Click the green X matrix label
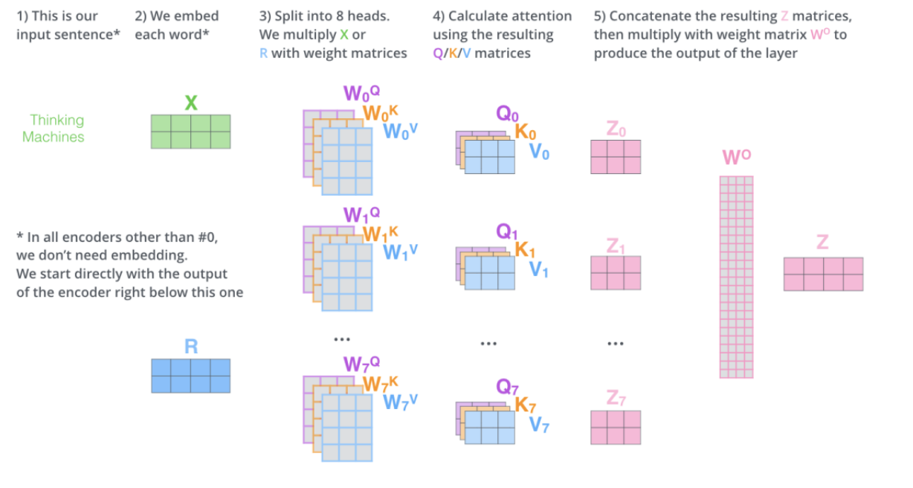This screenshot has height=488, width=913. (191, 103)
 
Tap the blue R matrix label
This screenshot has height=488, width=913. (191, 347)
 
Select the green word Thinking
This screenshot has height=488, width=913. (57, 120)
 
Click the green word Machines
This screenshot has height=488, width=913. (54, 137)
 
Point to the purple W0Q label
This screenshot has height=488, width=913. (362, 94)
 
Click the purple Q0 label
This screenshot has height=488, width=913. (508, 114)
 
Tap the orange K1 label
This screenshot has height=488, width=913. (526, 251)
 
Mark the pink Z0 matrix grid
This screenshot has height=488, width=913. (616, 157)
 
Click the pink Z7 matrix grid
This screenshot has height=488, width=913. (616, 427)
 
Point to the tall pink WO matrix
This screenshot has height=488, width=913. (736, 277)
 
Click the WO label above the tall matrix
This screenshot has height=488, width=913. (736, 158)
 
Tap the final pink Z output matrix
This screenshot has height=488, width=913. (823, 274)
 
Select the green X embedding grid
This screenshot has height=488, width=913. (191, 132)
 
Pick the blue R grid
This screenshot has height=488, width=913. (191, 376)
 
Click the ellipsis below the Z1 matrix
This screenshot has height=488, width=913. (615, 344)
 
